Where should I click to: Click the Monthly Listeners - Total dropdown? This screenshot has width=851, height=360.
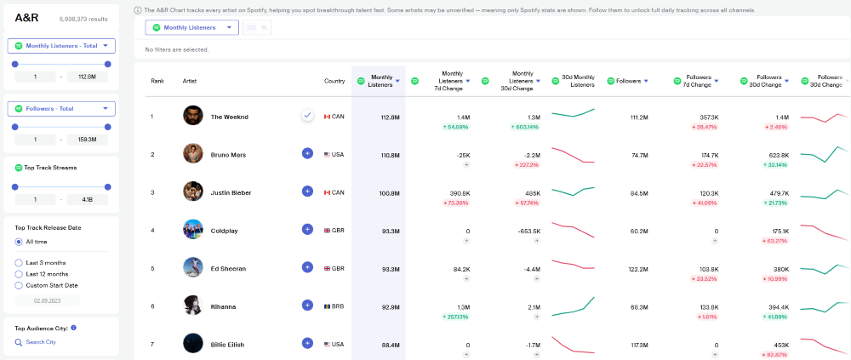click(60, 46)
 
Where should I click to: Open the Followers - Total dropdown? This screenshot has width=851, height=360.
click(60, 108)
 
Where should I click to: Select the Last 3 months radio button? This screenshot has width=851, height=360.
click(19, 263)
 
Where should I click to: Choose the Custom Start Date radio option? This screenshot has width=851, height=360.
click(19, 285)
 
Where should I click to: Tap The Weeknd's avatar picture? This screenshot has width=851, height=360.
click(193, 116)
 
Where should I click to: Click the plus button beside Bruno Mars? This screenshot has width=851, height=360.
click(307, 153)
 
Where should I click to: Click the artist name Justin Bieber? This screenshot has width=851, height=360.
click(231, 192)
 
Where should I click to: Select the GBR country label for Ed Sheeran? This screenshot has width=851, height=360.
click(337, 268)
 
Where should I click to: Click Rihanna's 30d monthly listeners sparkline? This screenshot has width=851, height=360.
click(573, 306)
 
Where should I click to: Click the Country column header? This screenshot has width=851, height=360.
click(334, 81)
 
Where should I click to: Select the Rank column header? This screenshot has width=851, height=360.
click(157, 81)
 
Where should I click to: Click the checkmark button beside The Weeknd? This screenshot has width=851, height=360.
click(307, 116)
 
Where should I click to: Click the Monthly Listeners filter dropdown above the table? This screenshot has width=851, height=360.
click(191, 27)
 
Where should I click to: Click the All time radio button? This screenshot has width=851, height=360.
click(19, 242)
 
